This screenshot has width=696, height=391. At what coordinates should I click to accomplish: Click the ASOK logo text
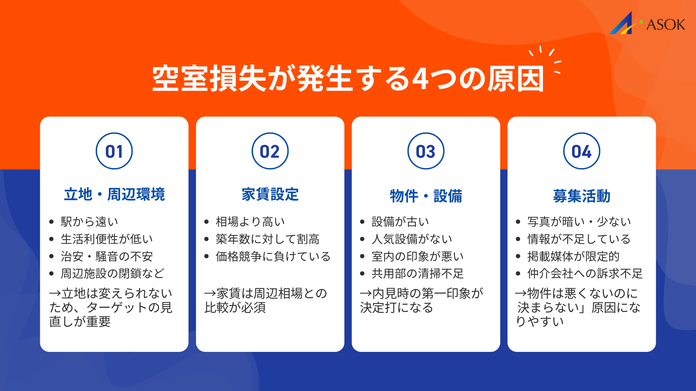(x=666, y=25)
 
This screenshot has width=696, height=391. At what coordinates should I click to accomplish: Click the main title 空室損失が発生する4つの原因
(x=348, y=79)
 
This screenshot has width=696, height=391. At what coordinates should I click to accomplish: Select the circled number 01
(x=114, y=151)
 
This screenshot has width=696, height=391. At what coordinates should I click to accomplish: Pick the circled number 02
(x=270, y=151)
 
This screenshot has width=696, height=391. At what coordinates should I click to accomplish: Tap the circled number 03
(x=426, y=151)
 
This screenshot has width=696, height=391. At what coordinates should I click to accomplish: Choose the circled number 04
(x=581, y=151)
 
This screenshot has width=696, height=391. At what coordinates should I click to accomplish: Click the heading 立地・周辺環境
(x=114, y=194)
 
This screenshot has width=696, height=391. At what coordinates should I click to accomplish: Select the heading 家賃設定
(x=270, y=194)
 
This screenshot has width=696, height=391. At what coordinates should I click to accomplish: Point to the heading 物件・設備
(x=426, y=196)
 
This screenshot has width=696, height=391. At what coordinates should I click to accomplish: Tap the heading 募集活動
(x=581, y=196)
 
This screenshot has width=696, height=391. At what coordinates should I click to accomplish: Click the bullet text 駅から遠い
(x=89, y=222)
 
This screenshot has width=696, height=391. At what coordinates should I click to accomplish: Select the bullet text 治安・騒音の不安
(x=107, y=256)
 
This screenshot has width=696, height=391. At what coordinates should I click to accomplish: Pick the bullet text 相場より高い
(x=250, y=222)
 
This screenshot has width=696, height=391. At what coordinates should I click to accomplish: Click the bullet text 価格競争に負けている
(x=273, y=256)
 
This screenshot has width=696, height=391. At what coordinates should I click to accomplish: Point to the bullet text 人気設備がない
(x=412, y=239)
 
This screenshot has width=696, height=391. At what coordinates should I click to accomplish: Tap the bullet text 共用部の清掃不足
(x=418, y=273)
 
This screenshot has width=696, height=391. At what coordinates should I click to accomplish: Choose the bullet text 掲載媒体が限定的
(x=573, y=256)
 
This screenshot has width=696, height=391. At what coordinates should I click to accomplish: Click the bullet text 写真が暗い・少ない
(x=579, y=222)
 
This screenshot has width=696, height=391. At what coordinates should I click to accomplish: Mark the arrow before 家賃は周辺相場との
(x=210, y=294)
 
